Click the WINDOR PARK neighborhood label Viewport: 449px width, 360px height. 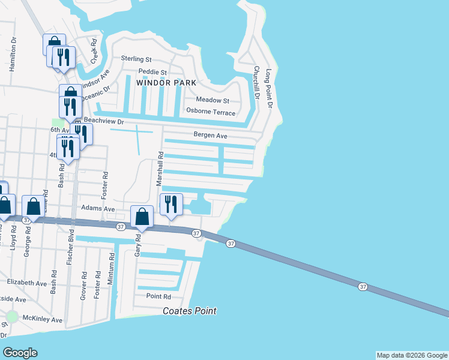click(x=166, y=83)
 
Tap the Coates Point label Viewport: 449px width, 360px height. click(x=190, y=311)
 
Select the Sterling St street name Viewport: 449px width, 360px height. click(x=136, y=59)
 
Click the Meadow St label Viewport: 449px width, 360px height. click(x=213, y=100)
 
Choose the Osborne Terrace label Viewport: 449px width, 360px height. click(x=211, y=112)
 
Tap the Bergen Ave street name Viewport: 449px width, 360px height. click(x=209, y=136)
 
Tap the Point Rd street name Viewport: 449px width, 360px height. click(x=158, y=296)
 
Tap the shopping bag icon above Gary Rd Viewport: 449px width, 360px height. click(x=142, y=217)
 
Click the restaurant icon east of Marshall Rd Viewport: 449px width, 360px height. click(x=171, y=205)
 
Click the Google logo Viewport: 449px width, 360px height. click(x=20, y=353)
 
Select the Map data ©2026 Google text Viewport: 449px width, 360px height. click(x=411, y=355)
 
